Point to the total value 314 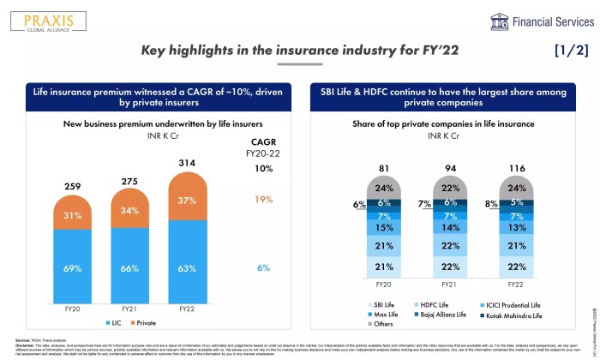click(187, 163)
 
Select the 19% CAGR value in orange click(263, 199)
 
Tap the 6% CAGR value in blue click(263, 268)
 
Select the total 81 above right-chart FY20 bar click(383, 168)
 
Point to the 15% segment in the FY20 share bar click(383, 228)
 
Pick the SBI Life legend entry click(383, 305)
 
